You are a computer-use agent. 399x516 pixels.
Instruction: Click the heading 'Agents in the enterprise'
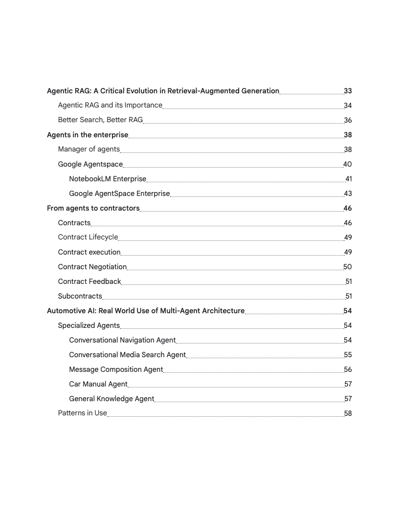(88, 135)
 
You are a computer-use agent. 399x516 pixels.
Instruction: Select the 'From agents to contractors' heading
(93, 208)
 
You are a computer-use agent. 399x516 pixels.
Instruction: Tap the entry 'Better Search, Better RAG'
(100, 120)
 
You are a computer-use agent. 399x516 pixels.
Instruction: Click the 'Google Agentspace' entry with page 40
(90, 164)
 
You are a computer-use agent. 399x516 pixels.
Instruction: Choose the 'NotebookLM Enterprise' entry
(108, 179)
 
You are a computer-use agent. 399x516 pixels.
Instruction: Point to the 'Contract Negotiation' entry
(92, 267)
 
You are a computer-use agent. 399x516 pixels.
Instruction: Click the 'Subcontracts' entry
(80, 296)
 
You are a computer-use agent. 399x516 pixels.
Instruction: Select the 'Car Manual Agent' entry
(98, 384)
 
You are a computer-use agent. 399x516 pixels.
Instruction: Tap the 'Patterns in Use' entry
(82, 413)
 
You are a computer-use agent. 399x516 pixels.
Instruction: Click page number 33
(348, 91)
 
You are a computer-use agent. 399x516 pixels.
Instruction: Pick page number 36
(348, 120)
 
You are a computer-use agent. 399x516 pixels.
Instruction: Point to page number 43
(348, 193)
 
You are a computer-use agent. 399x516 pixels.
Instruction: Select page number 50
(348, 267)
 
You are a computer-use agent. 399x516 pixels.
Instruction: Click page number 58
(348, 413)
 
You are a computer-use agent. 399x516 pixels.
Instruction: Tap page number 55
(348, 355)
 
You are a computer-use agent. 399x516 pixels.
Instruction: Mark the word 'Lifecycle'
(103, 237)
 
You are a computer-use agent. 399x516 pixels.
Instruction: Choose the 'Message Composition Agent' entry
(116, 369)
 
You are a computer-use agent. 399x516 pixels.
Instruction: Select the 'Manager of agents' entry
(89, 150)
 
